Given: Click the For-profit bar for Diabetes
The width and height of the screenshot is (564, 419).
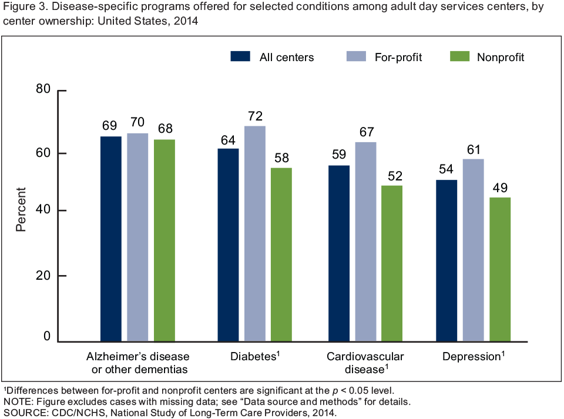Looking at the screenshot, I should pyautogui.click(x=255, y=233).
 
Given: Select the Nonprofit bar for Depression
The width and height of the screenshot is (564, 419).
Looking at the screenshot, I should pyautogui.click(x=500, y=269).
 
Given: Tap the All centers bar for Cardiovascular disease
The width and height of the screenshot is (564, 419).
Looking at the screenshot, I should pyautogui.click(x=338, y=253).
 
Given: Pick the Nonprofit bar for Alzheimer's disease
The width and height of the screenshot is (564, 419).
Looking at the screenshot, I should pyautogui.click(x=164, y=240).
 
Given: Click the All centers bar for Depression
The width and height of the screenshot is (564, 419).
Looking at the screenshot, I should pyautogui.click(x=446, y=260).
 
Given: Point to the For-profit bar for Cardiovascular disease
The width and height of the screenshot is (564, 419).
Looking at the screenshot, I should pyautogui.click(x=365, y=242).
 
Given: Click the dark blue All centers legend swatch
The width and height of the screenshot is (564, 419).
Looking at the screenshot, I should pyautogui.click(x=241, y=57).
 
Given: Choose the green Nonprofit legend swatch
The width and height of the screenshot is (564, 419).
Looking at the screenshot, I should pyautogui.click(x=459, y=57).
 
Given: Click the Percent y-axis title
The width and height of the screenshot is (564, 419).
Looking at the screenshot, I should pyautogui.click(x=21, y=209).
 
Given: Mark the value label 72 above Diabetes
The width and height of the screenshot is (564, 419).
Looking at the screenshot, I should pyautogui.click(x=255, y=116).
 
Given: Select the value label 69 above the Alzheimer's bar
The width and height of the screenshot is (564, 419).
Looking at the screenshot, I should pyautogui.click(x=111, y=126).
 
